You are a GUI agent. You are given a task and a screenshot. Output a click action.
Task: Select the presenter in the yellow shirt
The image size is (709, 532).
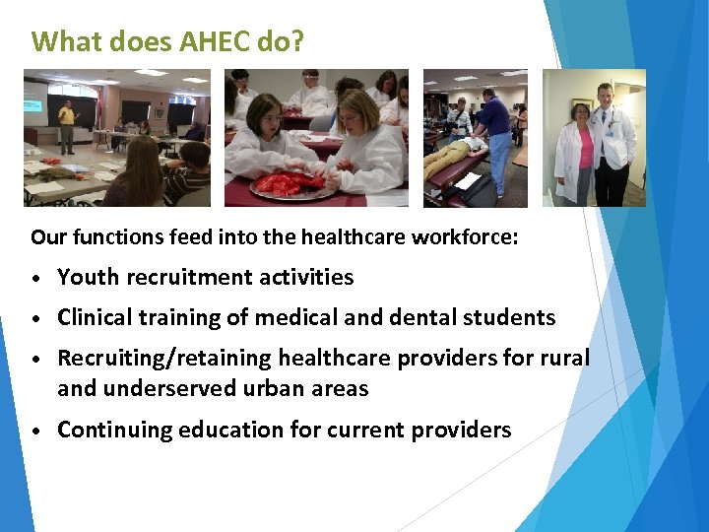(x=67, y=124)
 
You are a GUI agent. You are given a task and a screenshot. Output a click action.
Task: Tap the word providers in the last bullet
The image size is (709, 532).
(x=467, y=431)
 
